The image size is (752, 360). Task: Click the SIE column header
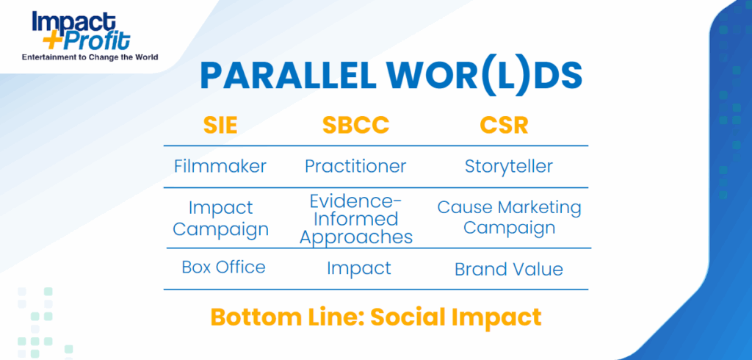click(x=220, y=126)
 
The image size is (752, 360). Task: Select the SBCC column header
click(x=355, y=126)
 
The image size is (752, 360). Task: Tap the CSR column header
click(x=504, y=126)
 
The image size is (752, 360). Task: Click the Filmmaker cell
click(x=220, y=167)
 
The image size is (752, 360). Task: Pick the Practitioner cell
click(x=355, y=167)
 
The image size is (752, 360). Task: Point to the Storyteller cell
click(x=509, y=167)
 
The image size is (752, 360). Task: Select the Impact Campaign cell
click(x=220, y=218)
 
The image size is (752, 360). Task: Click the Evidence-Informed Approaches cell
click(x=356, y=219)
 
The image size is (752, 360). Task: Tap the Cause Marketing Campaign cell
click(x=510, y=217)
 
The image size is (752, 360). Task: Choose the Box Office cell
click(x=223, y=267)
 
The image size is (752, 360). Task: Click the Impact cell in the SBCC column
click(x=358, y=268)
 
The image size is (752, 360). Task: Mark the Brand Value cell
click(x=509, y=270)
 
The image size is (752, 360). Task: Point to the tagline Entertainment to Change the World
click(x=90, y=57)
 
